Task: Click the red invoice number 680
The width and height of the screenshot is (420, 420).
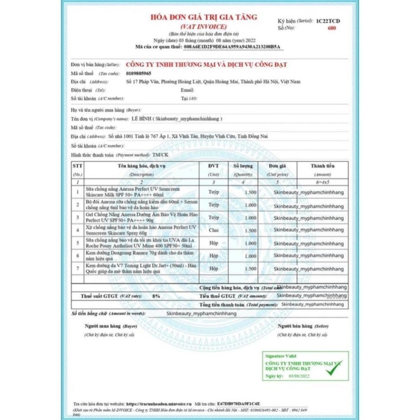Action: point(332,28)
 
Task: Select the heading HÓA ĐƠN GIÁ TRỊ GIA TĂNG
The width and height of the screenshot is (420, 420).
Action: point(203,17)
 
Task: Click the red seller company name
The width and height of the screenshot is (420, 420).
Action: point(206,65)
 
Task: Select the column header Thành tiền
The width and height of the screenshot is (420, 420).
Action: point(322,166)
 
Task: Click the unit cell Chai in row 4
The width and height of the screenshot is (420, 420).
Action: point(214,230)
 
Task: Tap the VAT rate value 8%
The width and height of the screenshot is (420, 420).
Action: point(156,296)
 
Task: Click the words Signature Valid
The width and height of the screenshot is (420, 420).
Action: point(281,356)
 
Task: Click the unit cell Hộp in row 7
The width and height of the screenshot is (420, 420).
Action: point(214,269)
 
